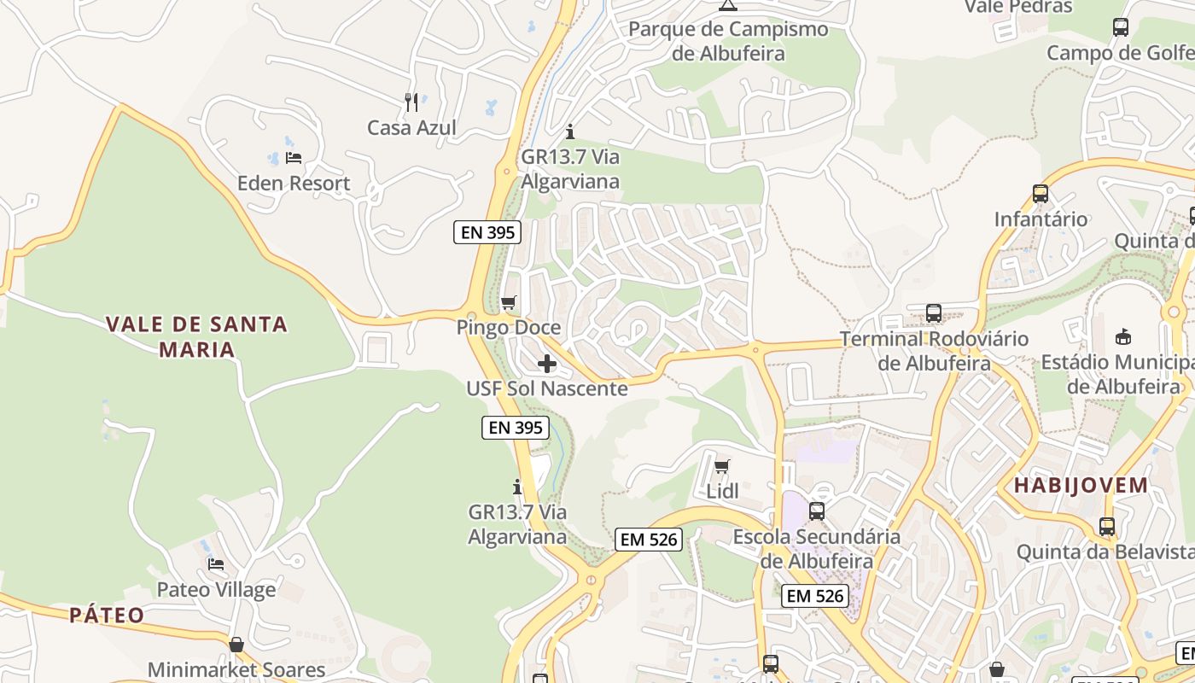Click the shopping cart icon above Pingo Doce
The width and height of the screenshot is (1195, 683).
pyautogui.click(x=509, y=302)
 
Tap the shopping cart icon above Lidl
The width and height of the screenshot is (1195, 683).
pyautogui.click(x=722, y=466)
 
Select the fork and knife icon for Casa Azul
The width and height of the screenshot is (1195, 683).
pyautogui.click(x=411, y=102)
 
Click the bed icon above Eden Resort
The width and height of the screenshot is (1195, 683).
pyautogui.click(x=294, y=158)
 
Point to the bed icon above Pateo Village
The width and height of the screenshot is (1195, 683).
pyautogui.click(x=216, y=564)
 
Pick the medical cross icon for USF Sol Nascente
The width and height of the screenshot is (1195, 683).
pyautogui.click(x=547, y=365)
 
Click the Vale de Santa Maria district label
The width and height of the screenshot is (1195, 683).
pyautogui.click(x=196, y=336)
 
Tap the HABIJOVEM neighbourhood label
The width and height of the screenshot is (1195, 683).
pyautogui.click(x=1081, y=486)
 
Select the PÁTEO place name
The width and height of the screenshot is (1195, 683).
pyautogui.click(x=107, y=615)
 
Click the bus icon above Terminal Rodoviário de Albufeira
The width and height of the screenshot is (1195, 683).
pyautogui.click(x=934, y=313)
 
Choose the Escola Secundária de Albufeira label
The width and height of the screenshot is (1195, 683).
pyautogui.click(x=817, y=549)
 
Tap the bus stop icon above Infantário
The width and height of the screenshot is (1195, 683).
pyautogui.click(x=1040, y=194)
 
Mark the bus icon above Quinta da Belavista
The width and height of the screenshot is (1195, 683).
pyautogui.click(x=1107, y=527)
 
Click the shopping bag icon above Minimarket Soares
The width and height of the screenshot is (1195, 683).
pyautogui.click(x=236, y=644)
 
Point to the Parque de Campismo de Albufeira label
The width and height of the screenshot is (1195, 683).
pyautogui.click(x=728, y=41)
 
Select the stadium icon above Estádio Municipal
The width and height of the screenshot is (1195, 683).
pyautogui.click(x=1123, y=337)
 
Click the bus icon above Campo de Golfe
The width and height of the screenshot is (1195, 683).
pyautogui.click(x=1121, y=27)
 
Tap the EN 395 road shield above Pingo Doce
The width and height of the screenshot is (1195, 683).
pyautogui.click(x=487, y=232)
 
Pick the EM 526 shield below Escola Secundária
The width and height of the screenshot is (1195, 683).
pyautogui.click(x=815, y=596)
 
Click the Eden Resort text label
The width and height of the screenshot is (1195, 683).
pyautogui.click(x=294, y=184)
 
